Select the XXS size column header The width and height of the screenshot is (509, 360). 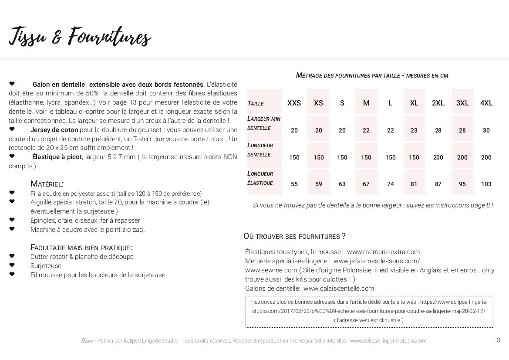tap(294, 103)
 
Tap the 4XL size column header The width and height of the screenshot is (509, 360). tap(486, 103)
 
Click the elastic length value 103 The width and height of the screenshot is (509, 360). tap(486, 184)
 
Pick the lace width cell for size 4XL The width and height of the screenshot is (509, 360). tap(486, 131)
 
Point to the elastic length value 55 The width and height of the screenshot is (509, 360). tap(294, 184)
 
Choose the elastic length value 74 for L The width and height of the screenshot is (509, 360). tap(391, 184)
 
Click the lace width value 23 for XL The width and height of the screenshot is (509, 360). tap(414, 131)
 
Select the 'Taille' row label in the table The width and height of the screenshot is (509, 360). tap(256, 104)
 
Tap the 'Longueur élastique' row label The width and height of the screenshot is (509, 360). tap(260, 178)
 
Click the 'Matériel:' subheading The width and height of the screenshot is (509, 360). tap(47, 184)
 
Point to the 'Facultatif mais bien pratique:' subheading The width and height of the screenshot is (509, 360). tap(81, 248)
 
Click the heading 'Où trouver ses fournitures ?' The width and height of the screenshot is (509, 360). tap(294, 236)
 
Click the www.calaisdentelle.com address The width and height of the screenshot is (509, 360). tap(339, 289)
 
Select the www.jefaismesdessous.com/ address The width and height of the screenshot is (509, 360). tap(377, 261)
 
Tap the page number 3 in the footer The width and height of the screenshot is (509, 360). tap(498, 340)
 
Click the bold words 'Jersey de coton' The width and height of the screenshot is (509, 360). tap(54, 130)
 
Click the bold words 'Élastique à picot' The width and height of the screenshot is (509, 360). tap(57, 157)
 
